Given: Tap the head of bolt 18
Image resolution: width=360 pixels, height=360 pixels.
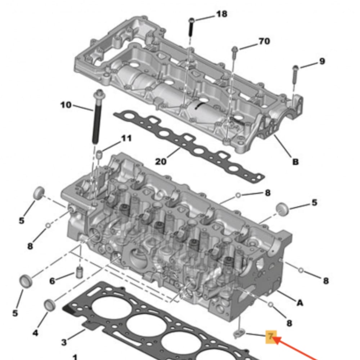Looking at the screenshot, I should click(x=192, y=20).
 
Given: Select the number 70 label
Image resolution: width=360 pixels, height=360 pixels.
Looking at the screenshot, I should click(x=264, y=41).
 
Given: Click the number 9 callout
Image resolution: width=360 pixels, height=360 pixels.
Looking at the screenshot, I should click(x=321, y=61).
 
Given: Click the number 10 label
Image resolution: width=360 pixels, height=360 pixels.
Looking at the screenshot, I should click(x=66, y=105).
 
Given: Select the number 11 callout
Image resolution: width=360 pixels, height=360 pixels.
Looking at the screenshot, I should click(x=126, y=138).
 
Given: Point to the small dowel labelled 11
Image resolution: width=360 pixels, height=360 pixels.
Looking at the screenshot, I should click(x=100, y=155).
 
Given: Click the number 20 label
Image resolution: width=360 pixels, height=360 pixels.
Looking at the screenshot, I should click(x=161, y=161).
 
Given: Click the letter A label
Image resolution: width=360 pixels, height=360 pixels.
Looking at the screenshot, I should click(x=299, y=303).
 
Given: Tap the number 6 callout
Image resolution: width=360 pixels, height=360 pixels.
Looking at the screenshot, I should click(x=52, y=281).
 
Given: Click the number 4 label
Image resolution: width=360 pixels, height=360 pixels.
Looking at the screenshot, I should click(x=35, y=333).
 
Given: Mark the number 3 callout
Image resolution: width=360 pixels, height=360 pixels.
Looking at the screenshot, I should click(x=64, y=341).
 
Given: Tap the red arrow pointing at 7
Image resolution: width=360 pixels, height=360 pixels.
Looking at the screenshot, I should click(x=299, y=349).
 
